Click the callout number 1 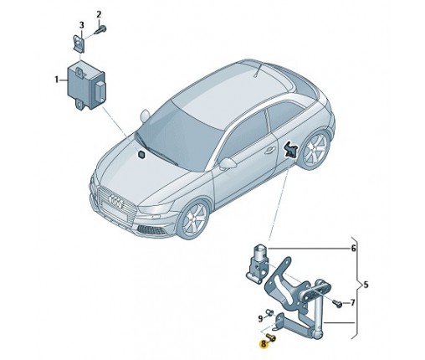pyautogui.click(x=57, y=80)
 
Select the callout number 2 pyautogui.click(x=99, y=14)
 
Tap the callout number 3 pyautogui.click(x=81, y=25)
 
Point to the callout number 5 pyautogui.click(x=366, y=285)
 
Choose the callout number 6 pyautogui.click(x=353, y=248)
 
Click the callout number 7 pyautogui.click(x=352, y=302)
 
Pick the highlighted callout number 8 pyautogui.click(x=264, y=344)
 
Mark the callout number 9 pyautogui.click(x=260, y=318)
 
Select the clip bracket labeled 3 pyautogui.click(x=79, y=43)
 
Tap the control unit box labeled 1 pyautogui.click(x=86, y=86)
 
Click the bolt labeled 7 pyautogui.click(x=337, y=303)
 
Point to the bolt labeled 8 pyautogui.click(x=271, y=337)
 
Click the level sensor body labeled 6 pyautogui.click(x=258, y=264)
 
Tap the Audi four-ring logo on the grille pyautogui.click(x=115, y=202)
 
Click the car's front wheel pyautogui.click(x=194, y=219)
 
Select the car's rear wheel pyautogui.click(x=315, y=149)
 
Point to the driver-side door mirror pyautogui.click(x=228, y=163)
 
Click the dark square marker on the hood pyautogui.click(x=142, y=155)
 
